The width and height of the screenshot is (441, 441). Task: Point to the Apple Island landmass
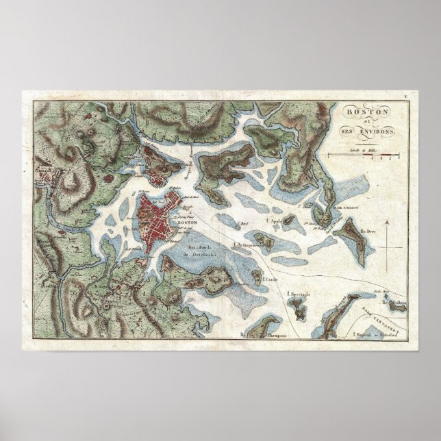[289, 220]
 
